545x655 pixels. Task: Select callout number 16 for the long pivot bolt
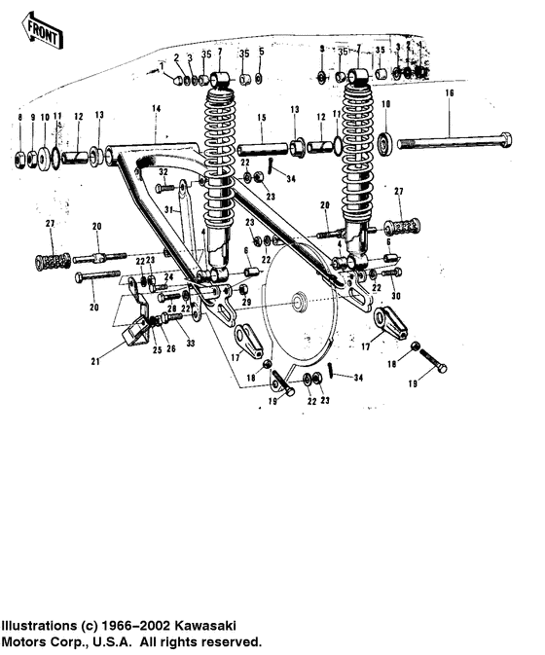[x=449, y=93]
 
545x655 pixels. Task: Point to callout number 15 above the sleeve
[x=261, y=117]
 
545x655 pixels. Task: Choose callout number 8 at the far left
[x=19, y=118]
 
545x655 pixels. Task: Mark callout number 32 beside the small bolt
[x=163, y=171]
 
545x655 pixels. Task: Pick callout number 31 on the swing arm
[x=166, y=209]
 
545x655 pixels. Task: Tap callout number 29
[x=246, y=305]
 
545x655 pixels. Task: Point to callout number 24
[x=167, y=275]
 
